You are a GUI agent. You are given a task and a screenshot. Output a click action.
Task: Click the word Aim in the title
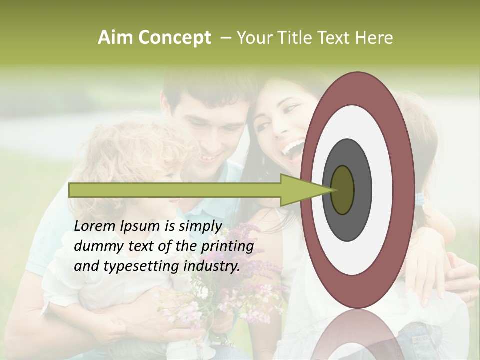(116, 37)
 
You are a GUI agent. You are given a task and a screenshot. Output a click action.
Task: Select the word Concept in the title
(174, 37)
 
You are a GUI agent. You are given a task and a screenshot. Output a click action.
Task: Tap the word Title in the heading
(298, 37)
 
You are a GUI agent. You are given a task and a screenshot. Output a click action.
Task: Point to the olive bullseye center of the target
(342, 190)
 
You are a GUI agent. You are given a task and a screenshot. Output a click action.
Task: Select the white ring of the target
(382, 190)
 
